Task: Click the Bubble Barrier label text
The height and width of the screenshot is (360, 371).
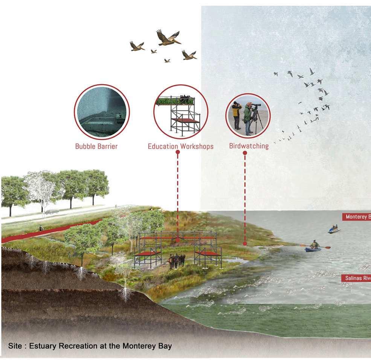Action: tap(96, 146)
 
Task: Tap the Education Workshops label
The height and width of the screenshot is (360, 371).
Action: tap(180, 146)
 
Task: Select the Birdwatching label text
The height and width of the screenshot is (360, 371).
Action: tap(249, 146)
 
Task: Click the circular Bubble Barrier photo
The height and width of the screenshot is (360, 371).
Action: tap(102, 112)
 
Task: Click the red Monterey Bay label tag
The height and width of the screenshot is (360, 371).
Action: tap(357, 217)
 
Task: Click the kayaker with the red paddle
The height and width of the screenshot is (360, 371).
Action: tap(314, 246)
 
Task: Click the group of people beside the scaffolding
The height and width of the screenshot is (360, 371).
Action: tap(177, 261)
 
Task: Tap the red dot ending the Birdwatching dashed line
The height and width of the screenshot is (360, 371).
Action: tap(245, 244)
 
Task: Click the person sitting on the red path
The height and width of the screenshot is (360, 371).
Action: tap(41, 228)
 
